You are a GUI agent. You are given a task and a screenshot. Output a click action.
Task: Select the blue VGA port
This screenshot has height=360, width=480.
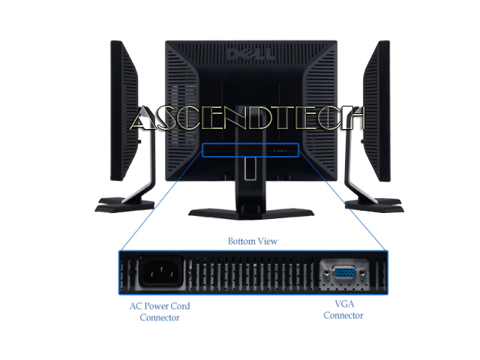click(343, 274)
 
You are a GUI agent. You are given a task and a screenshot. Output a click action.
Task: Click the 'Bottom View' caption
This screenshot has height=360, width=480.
click(253, 241)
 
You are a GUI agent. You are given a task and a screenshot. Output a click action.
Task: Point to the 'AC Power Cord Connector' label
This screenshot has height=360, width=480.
click(160, 311)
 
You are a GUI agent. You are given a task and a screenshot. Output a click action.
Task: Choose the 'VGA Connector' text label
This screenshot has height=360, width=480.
click(343, 310)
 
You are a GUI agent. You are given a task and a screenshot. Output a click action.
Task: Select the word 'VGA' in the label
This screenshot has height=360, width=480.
click(343, 304)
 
